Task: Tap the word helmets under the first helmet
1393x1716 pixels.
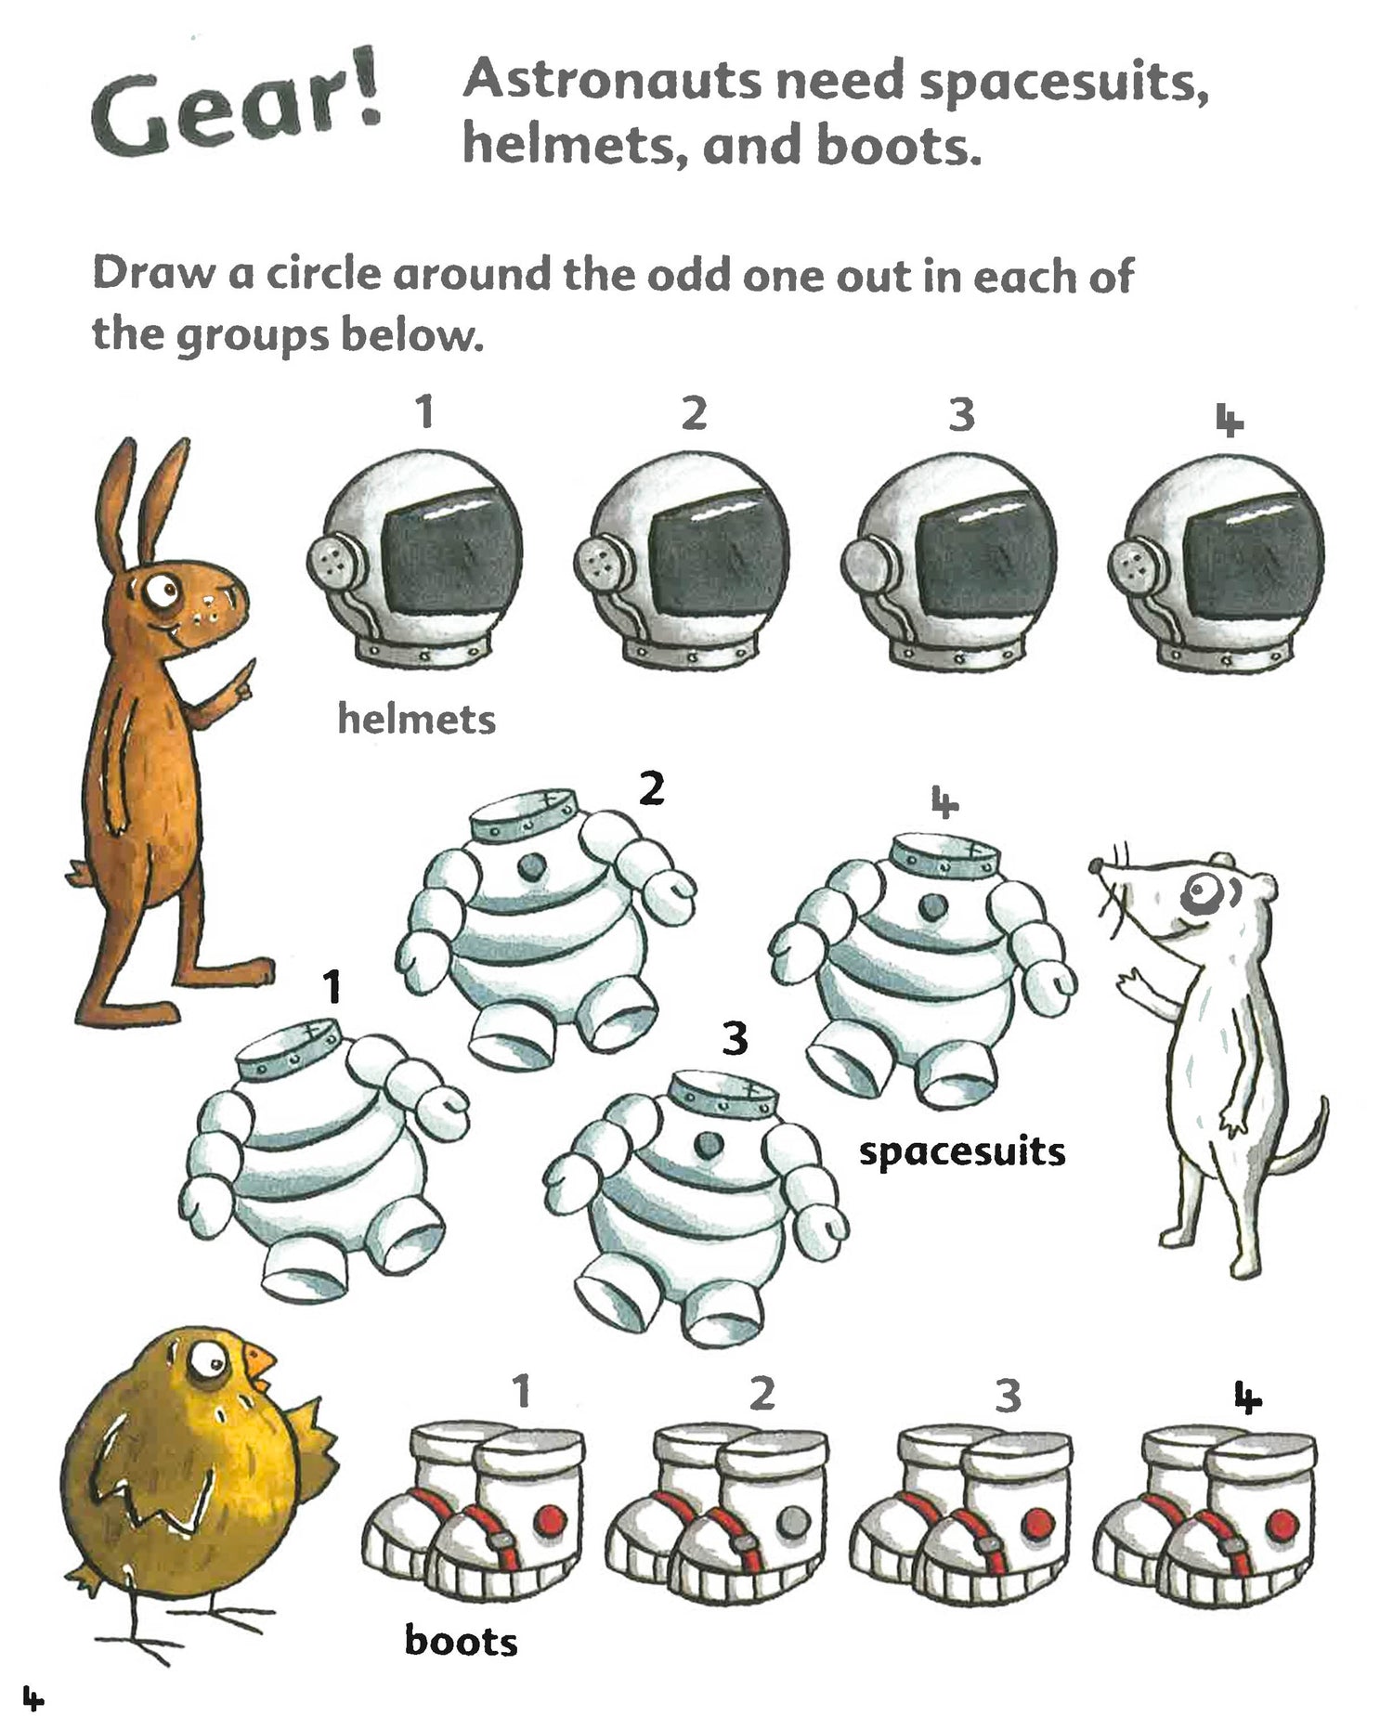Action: point(416,719)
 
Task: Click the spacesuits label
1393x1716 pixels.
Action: point(962,1153)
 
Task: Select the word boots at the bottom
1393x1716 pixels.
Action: point(461,1641)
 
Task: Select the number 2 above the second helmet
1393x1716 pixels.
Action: point(694,413)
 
